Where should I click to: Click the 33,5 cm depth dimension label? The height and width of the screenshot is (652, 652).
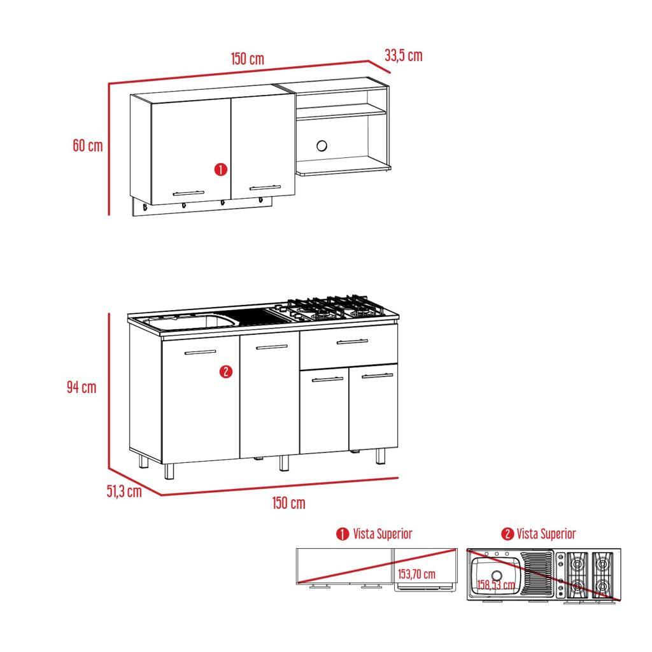(x=403, y=55)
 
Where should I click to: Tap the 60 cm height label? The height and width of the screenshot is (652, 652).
(x=87, y=145)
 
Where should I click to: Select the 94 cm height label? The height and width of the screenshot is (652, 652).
(x=81, y=386)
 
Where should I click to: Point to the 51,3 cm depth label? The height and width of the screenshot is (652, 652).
(x=124, y=491)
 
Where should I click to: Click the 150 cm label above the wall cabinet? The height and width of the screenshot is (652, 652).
(x=247, y=59)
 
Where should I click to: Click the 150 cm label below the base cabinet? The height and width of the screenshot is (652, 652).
(x=288, y=503)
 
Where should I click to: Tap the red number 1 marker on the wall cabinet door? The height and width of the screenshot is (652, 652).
(x=220, y=170)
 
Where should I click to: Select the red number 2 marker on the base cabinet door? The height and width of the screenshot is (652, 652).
(x=225, y=372)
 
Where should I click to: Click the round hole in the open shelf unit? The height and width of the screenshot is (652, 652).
(x=322, y=146)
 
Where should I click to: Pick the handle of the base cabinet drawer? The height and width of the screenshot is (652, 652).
(x=352, y=343)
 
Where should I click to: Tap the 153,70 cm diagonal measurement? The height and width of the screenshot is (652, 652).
(x=416, y=574)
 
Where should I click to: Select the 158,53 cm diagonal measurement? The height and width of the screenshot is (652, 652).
(x=496, y=585)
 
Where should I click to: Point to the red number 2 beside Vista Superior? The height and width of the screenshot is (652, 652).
(x=507, y=534)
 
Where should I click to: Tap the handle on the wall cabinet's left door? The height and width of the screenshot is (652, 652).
(x=188, y=192)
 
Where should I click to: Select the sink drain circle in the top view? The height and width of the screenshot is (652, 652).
(x=497, y=576)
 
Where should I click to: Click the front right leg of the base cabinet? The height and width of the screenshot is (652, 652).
(x=380, y=456)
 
